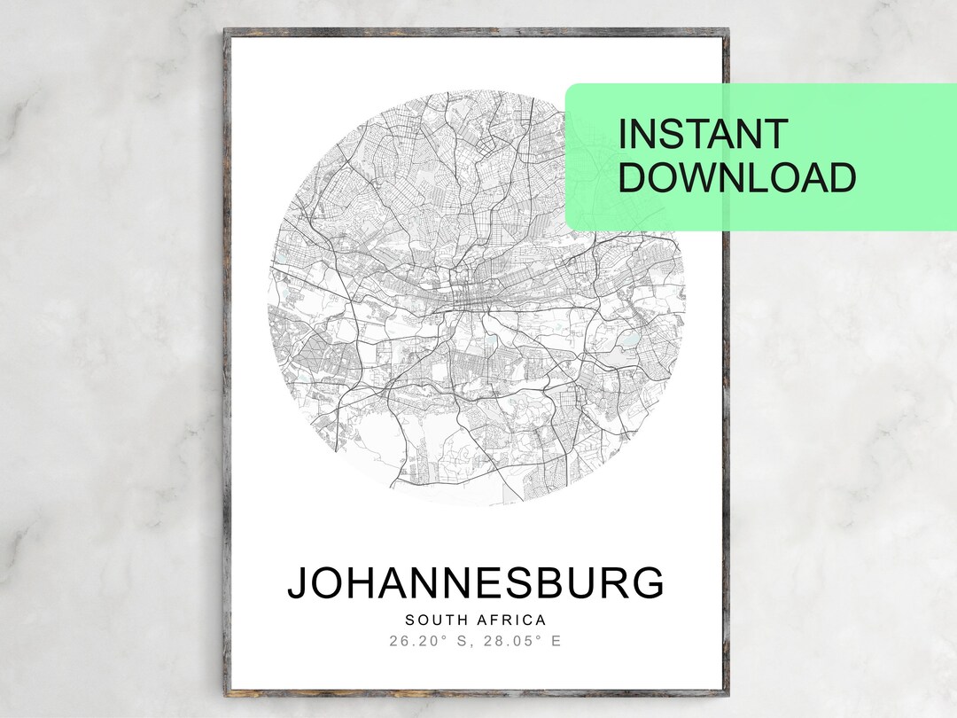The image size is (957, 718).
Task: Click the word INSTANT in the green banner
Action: point(703,135)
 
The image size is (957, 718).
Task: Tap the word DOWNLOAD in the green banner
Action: point(736,177)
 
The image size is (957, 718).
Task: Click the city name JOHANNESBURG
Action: point(475,584)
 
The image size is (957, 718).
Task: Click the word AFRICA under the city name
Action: point(513,620)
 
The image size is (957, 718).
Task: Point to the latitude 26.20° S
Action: point(432,641)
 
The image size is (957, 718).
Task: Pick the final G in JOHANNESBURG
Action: point(650,584)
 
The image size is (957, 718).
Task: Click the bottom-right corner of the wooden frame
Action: point(726,692)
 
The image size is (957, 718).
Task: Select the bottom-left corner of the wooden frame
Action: point(227,692)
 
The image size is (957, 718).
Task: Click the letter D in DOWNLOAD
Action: point(632,177)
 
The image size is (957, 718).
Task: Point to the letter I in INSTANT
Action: point(621,135)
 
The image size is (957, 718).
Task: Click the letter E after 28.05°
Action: point(556,641)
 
